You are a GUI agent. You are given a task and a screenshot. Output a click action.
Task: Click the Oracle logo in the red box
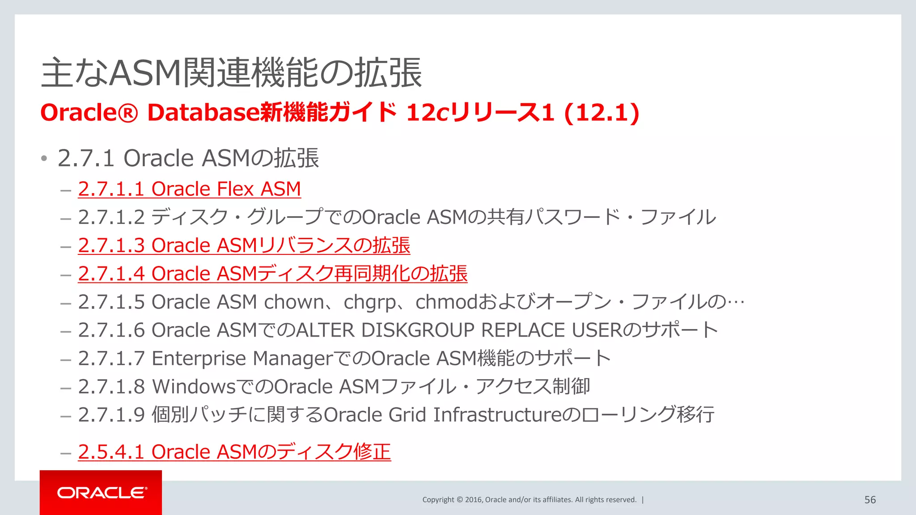point(102,493)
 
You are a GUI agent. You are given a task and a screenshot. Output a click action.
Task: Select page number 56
point(870,500)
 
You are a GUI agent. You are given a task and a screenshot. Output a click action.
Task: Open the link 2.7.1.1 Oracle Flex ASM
point(189,189)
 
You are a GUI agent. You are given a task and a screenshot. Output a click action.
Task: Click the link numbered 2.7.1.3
point(244,245)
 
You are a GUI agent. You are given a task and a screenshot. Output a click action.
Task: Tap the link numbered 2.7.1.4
point(272,274)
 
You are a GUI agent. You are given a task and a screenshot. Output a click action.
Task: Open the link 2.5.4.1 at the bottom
point(234,452)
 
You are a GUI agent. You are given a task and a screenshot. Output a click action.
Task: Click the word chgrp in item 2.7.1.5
point(369,303)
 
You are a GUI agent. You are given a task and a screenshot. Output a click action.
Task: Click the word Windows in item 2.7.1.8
point(194,387)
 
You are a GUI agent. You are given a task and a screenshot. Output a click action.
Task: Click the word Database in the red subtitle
point(204,112)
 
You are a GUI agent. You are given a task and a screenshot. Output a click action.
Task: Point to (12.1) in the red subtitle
point(602,112)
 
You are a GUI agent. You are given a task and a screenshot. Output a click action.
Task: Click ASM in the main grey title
point(145,73)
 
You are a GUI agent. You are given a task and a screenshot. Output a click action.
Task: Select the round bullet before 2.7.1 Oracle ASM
point(44,159)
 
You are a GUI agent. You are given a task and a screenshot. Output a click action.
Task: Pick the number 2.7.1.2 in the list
point(111,217)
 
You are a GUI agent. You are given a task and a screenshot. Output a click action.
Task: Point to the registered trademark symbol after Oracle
point(128,113)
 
